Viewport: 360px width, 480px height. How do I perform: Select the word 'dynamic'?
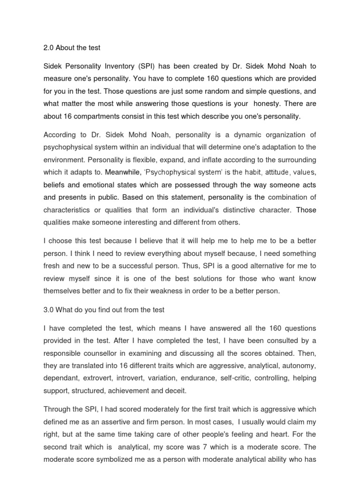coord(237,134)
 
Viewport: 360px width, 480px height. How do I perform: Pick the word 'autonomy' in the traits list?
coord(300,365)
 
